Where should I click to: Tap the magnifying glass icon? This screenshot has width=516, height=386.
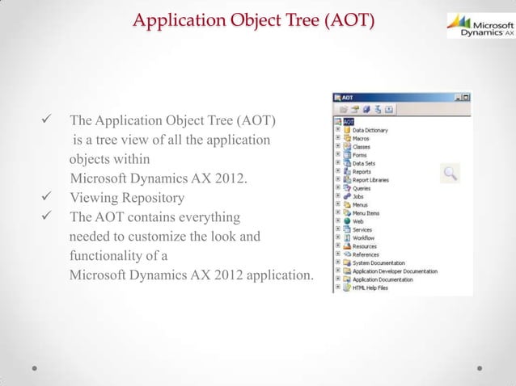point(450,172)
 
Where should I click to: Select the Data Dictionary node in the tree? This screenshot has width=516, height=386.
point(370,130)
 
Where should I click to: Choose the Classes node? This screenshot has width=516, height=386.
point(362,147)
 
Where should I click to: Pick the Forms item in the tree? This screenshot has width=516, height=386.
point(360,155)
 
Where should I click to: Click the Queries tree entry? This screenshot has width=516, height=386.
point(362,188)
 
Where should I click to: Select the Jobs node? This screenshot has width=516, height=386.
point(358,196)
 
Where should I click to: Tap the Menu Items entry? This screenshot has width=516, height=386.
point(366,212)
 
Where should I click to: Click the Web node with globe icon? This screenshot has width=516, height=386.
point(357,221)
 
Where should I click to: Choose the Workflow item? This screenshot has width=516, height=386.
point(363,238)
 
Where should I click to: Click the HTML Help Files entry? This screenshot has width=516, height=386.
point(370,287)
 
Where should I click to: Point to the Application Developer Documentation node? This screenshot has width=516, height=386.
point(394,271)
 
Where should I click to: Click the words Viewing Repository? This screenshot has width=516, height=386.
point(127,198)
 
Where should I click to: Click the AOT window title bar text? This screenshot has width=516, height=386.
point(349,96)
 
